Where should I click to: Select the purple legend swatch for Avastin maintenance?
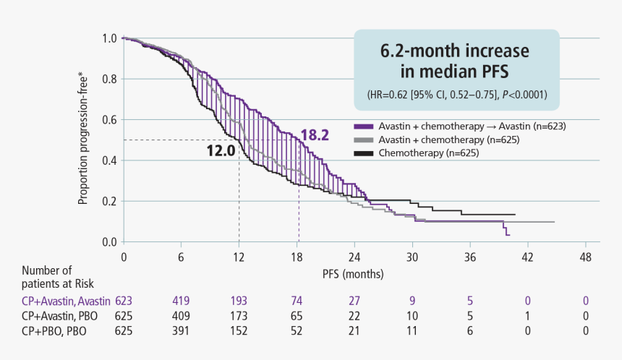362,126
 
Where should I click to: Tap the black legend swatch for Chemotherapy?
362,153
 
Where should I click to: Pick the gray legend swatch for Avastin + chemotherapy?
362,140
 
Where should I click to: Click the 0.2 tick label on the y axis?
109,201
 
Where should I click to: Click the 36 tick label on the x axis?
470,257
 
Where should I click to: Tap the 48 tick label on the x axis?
586,257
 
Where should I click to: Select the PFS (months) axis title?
354,275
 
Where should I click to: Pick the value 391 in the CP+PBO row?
181,330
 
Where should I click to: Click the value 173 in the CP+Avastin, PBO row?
239,316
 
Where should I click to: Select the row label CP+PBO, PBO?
54,330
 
